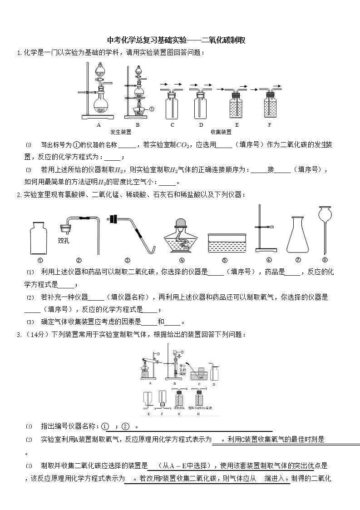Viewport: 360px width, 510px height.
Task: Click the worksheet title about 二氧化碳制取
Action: pos(176,40)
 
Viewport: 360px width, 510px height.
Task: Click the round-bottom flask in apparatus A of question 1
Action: pos(101,107)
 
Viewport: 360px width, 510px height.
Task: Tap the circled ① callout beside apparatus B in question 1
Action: pos(152,109)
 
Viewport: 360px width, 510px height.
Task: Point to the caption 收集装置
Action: pos(221,132)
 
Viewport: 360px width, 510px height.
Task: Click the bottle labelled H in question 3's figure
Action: pos(198,400)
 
